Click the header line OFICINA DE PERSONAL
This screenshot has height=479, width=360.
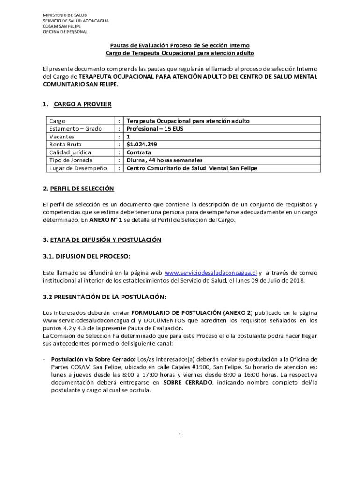tap(65, 32)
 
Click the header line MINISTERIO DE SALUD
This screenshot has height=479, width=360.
tap(65, 15)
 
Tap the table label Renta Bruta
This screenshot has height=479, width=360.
tap(65, 145)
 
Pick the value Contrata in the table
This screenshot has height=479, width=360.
tap(139, 152)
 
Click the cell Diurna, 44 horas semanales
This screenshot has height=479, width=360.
tap(165, 160)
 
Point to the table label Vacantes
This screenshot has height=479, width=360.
tap(62, 137)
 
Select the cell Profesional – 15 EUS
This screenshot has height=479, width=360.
tap(155, 129)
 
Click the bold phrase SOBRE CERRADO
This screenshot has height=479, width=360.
tap(188, 382)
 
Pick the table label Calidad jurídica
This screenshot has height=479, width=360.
tap(70, 152)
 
